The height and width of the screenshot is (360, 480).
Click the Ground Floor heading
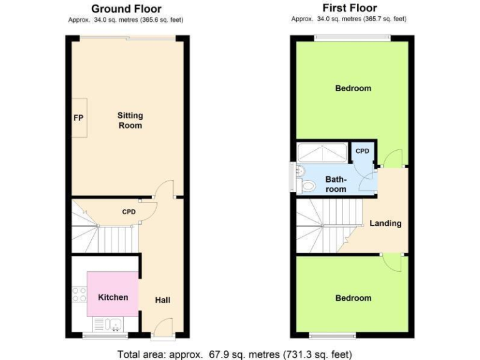click(x=126, y=9)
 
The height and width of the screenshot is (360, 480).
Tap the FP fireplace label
click(x=78, y=118)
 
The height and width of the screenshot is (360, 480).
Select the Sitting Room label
click(x=130, y=121)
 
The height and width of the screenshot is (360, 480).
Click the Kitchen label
click(x=113, y=297)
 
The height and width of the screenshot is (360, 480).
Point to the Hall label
click(x=162, y=300)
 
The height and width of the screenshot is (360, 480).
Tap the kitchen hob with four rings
click(x=79, y=294)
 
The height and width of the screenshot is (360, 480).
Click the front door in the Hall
click(x=162, y=327)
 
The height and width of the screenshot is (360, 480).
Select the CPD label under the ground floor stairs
click(x=129, y=212)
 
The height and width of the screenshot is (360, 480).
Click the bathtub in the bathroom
click(x=322, y=153)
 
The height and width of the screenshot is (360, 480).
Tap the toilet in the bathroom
click(x=307, y=186)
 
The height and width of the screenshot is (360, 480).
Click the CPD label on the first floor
click(x=362, y=151)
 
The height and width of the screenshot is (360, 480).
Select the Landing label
click(x=385, y=223)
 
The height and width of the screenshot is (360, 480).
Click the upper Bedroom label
click(x=353, y=88)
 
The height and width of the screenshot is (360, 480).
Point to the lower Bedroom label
click(x=353, y=298)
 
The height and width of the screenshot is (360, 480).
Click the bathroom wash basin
click(x=299, y=170)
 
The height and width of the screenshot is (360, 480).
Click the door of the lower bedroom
click(x=392, y=262)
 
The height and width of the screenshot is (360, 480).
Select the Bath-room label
click(x=336, y=184)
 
